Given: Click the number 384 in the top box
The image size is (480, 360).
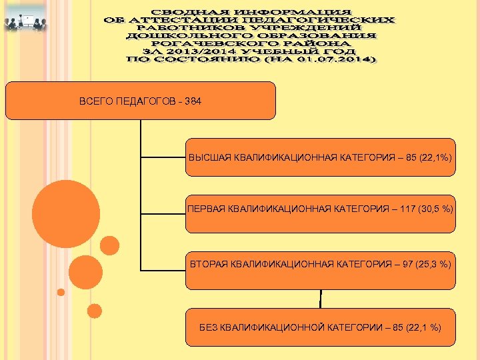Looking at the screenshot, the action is [x=193, y=101].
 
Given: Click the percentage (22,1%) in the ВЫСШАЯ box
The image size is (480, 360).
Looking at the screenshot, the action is [x=435, y=157].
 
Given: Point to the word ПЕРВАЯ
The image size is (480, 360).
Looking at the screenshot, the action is [x=205, y=209].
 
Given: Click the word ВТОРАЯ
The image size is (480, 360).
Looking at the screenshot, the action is [x=209, y=265].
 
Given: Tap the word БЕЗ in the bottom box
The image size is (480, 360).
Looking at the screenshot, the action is [x=209, y=327].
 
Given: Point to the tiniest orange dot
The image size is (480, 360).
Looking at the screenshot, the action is [x=61, y=292].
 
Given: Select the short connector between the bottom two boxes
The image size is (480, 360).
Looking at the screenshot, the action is [x=321, y=299].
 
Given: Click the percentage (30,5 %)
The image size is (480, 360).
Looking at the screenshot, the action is [x=433, y=209].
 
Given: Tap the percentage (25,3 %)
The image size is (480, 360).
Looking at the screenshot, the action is [x=433, y=265].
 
